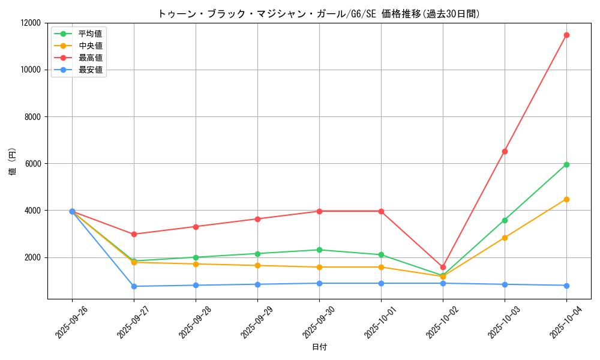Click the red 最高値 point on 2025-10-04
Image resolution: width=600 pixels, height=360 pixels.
[566, 35]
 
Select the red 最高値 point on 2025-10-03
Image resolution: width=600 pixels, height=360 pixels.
[505, 151]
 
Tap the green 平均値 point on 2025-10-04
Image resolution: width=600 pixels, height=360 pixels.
[566, 164]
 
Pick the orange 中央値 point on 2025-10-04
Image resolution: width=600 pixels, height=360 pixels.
[566, 199]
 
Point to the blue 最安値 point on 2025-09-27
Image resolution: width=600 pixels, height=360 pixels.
[134, 286]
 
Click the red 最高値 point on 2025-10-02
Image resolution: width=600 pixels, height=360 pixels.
[443, 267]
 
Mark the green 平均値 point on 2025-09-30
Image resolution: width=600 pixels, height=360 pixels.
[319, 250]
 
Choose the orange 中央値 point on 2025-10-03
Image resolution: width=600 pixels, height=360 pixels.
[505, 238]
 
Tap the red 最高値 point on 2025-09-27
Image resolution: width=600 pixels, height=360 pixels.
[134, 234]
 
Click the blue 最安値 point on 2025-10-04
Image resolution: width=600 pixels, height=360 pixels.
[566, 286]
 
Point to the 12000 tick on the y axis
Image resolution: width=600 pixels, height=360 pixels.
[29, 23]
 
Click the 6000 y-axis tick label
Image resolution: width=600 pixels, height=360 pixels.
[31, 164]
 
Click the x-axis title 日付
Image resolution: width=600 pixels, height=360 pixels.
[319, 347]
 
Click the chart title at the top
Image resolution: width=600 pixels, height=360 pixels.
[319, 13]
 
